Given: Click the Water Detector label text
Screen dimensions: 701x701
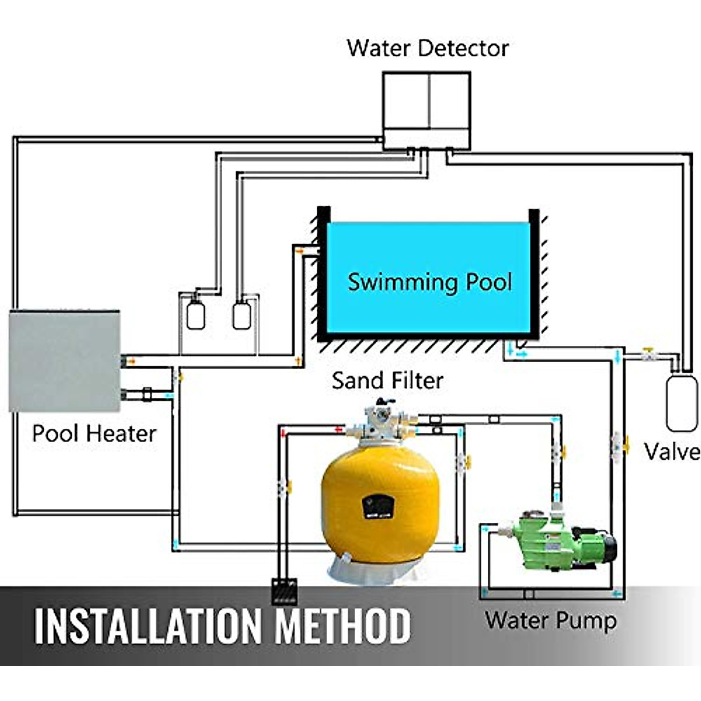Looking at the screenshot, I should [427, 48].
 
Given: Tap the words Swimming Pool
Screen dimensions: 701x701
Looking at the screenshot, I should [429, 282].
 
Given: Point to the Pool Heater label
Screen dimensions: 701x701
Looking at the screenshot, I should [93, 433].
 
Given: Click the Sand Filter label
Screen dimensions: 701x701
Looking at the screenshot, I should [387, 381].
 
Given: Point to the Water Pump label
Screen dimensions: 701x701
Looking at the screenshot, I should [550, 620].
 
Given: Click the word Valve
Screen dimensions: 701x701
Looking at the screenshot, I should [672, 452].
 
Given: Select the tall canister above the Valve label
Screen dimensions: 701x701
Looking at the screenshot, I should [681, 403].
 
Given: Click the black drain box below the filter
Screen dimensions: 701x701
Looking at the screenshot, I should [284, 591].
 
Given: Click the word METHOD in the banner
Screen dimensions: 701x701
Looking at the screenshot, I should [343, 626].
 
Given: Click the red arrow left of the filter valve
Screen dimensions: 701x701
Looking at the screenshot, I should [338, 429].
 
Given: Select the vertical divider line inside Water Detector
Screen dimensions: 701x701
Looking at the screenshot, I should [429, 100].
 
